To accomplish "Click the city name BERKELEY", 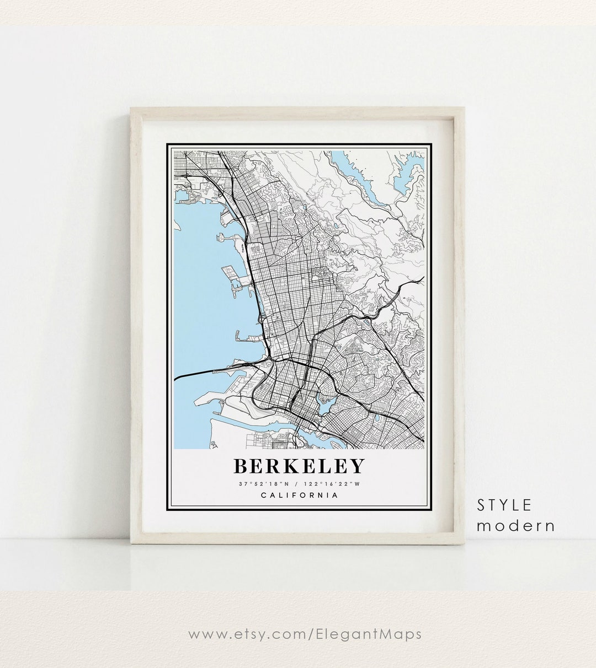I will (x=299, y=466).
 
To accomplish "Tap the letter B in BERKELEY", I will (x=241, y=466).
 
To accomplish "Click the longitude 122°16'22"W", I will (x=332, y=484).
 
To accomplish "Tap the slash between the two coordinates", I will (x=296, y=484).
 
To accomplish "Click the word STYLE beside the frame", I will (x=504, y=505).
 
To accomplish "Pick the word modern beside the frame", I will (x=515, y=526).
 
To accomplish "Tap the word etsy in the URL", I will (x=249, y=634).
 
